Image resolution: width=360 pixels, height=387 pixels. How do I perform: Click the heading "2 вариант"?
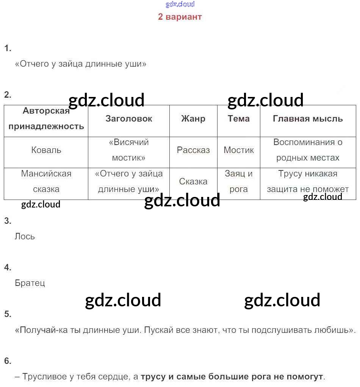click(180, 17)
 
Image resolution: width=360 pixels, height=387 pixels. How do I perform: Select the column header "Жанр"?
click(193, 119)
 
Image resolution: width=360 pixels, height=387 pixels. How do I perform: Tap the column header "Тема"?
click(239, 119)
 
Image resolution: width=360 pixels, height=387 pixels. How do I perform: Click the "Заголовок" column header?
click(129, 119)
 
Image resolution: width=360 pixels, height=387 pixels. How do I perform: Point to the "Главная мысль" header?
click(308, 119)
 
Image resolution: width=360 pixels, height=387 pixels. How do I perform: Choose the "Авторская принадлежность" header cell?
click(46, 119)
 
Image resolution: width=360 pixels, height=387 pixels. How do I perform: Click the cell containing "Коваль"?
click(46, 150)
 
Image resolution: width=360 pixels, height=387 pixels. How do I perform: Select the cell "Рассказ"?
click(193, 150)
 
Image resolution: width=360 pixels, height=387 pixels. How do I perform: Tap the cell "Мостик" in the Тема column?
click(239, 150)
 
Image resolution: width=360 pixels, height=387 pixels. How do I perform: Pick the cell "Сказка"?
click(193, 181)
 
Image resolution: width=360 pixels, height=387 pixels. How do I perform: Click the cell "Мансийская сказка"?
click(46, 181)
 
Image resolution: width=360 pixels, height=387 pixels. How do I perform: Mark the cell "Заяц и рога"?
click(239, 181)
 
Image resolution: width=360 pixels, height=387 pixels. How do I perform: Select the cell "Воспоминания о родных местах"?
click(308, 150)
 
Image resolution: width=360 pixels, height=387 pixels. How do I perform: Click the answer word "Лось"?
click(25, 236)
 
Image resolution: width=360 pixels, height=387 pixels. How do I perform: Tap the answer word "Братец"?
click(30, 283)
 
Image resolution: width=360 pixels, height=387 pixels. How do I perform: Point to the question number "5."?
click(8, 314)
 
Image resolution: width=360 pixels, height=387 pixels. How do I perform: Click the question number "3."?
click(8, 221)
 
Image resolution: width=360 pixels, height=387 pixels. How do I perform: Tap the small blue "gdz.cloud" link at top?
click(180, 5)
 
